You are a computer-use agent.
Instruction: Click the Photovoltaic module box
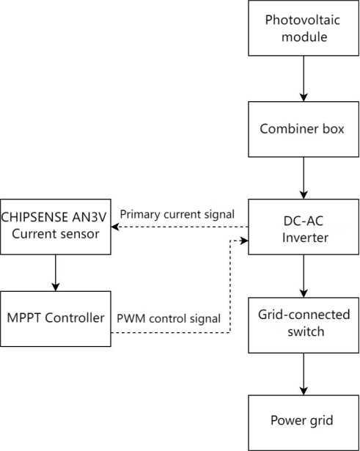(x=304, y=28)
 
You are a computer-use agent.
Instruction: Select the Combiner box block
(x=304, y=128)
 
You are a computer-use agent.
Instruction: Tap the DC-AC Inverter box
(x=304, y=227)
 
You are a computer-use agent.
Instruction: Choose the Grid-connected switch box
(x=304, y=323)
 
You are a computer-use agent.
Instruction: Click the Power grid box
(x=304, y=422)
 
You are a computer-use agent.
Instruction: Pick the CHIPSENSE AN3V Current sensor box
(x=56, y=226)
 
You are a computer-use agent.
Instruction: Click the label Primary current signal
(x=177, y=215)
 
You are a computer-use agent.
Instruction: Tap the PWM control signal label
(x=169, y=319)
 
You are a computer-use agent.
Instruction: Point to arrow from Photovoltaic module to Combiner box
(x=304, y=78)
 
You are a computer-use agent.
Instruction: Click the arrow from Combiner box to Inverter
(x=304, y=177)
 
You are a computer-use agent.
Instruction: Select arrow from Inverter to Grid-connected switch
(x=304, y=275)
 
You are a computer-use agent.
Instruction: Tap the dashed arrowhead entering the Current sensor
(x=116, y=227)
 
